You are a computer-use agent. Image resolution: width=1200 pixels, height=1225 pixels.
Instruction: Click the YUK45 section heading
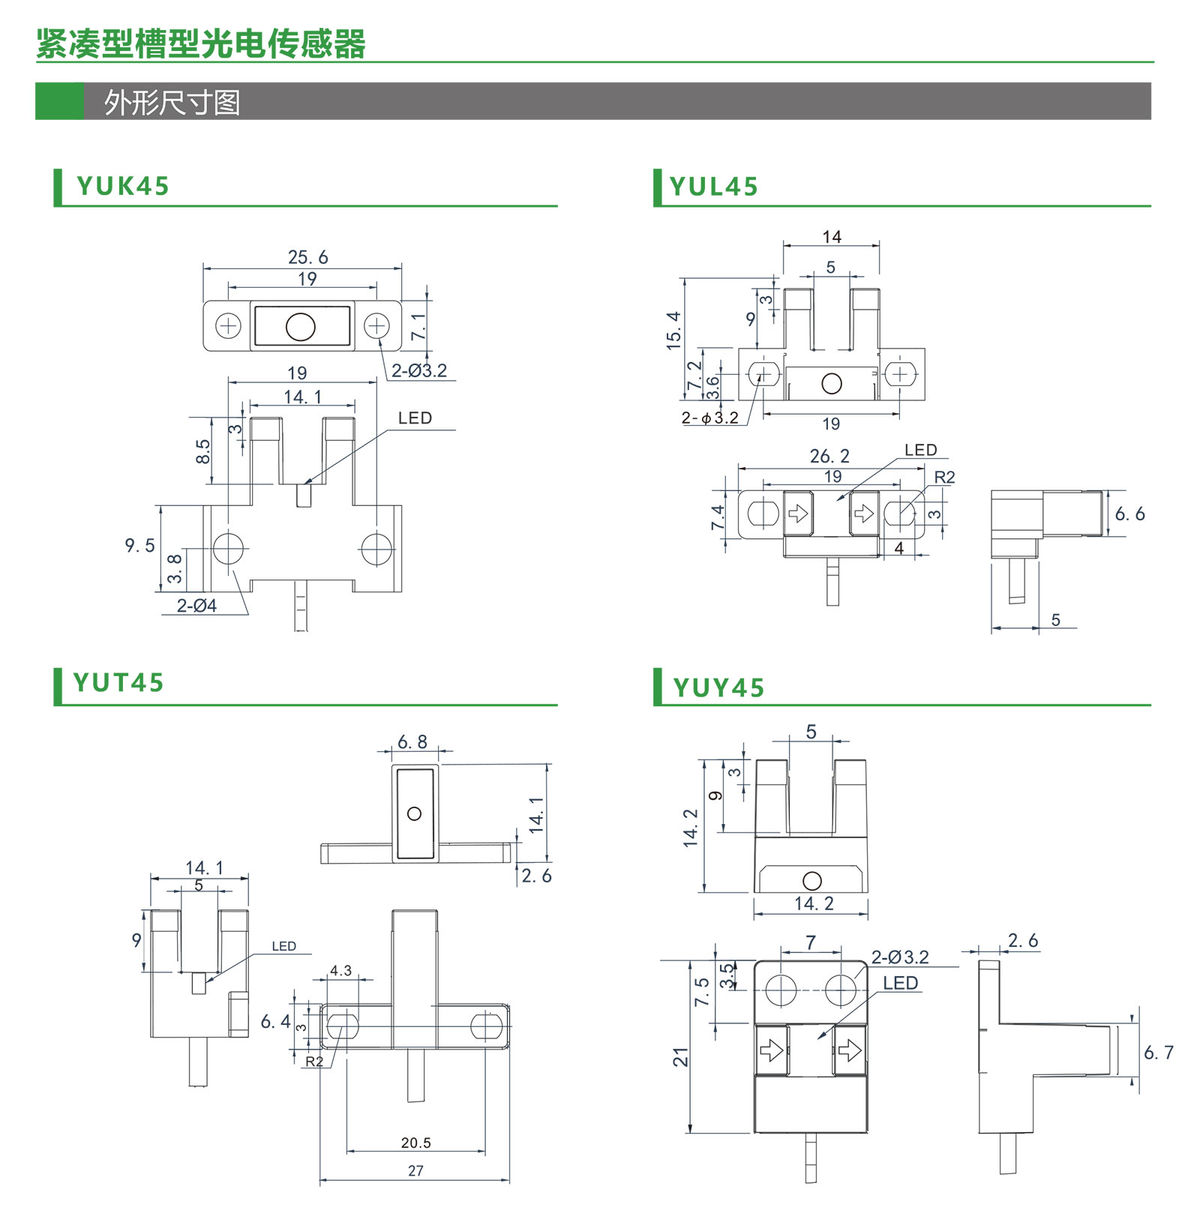point(123,186)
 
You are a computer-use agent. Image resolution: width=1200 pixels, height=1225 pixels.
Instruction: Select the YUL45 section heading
point(714,187)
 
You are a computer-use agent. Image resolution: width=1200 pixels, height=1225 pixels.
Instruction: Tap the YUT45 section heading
point(118,683)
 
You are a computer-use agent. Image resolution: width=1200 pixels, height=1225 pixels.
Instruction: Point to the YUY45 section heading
point(718,687)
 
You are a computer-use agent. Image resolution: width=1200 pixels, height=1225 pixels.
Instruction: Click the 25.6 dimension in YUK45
point(307,257)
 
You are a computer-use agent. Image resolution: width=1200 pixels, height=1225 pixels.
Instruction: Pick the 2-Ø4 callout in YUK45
point(196,606)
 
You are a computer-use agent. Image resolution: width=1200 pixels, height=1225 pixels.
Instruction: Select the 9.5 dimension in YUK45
point(139,545)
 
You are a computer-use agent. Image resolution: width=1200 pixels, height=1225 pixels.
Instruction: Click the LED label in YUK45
point(415,418)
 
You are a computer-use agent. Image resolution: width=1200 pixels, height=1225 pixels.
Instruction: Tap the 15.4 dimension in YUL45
point(673,331)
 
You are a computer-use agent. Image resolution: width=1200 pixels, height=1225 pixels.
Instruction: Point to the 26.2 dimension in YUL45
point(829,456)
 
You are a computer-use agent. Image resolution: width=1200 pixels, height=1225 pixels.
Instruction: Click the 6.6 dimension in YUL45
point(1129,514)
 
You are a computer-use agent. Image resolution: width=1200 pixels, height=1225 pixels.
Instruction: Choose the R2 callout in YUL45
point(944,478)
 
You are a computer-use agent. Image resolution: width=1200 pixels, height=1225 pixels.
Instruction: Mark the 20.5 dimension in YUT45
point(415,1143)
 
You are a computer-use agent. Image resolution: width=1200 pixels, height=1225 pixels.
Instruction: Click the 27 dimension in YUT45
point(415,1170)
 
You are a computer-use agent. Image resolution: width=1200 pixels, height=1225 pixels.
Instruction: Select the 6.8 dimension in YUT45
point(412,742)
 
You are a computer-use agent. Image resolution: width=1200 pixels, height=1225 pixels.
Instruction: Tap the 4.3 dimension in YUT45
point(340,970)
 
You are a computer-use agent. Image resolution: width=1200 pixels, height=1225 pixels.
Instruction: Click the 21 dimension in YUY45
point(680,1057)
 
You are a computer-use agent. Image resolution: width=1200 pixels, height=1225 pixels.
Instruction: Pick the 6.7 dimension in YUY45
point(1159,1053)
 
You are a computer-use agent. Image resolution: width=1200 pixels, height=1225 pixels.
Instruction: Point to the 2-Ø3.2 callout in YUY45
point(899,957)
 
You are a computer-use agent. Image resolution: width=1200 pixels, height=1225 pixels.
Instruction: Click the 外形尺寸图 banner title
point(172,103)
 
